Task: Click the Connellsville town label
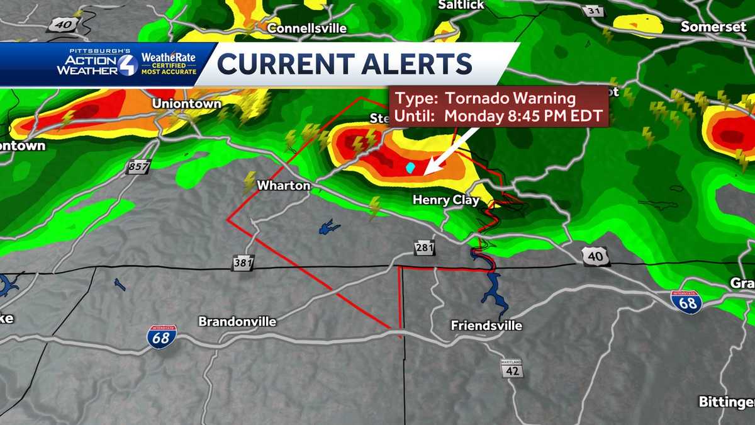point(307,28)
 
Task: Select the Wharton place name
point(284,185)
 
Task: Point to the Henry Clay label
point(446,200)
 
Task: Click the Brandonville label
point(237,321)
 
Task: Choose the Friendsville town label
point(486,326)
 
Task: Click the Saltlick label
point(461,4)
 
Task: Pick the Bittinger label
point(727,401)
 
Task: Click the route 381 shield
point(242,263)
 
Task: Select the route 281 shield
point(425,247)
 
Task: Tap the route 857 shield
point(138,167)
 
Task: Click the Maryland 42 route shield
point(512,369)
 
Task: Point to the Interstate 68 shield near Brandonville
point(162,337)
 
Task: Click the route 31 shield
point(594,11)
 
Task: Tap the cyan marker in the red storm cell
point(410,167)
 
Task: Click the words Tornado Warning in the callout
point(510,98)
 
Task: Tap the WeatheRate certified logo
point(168,64)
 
